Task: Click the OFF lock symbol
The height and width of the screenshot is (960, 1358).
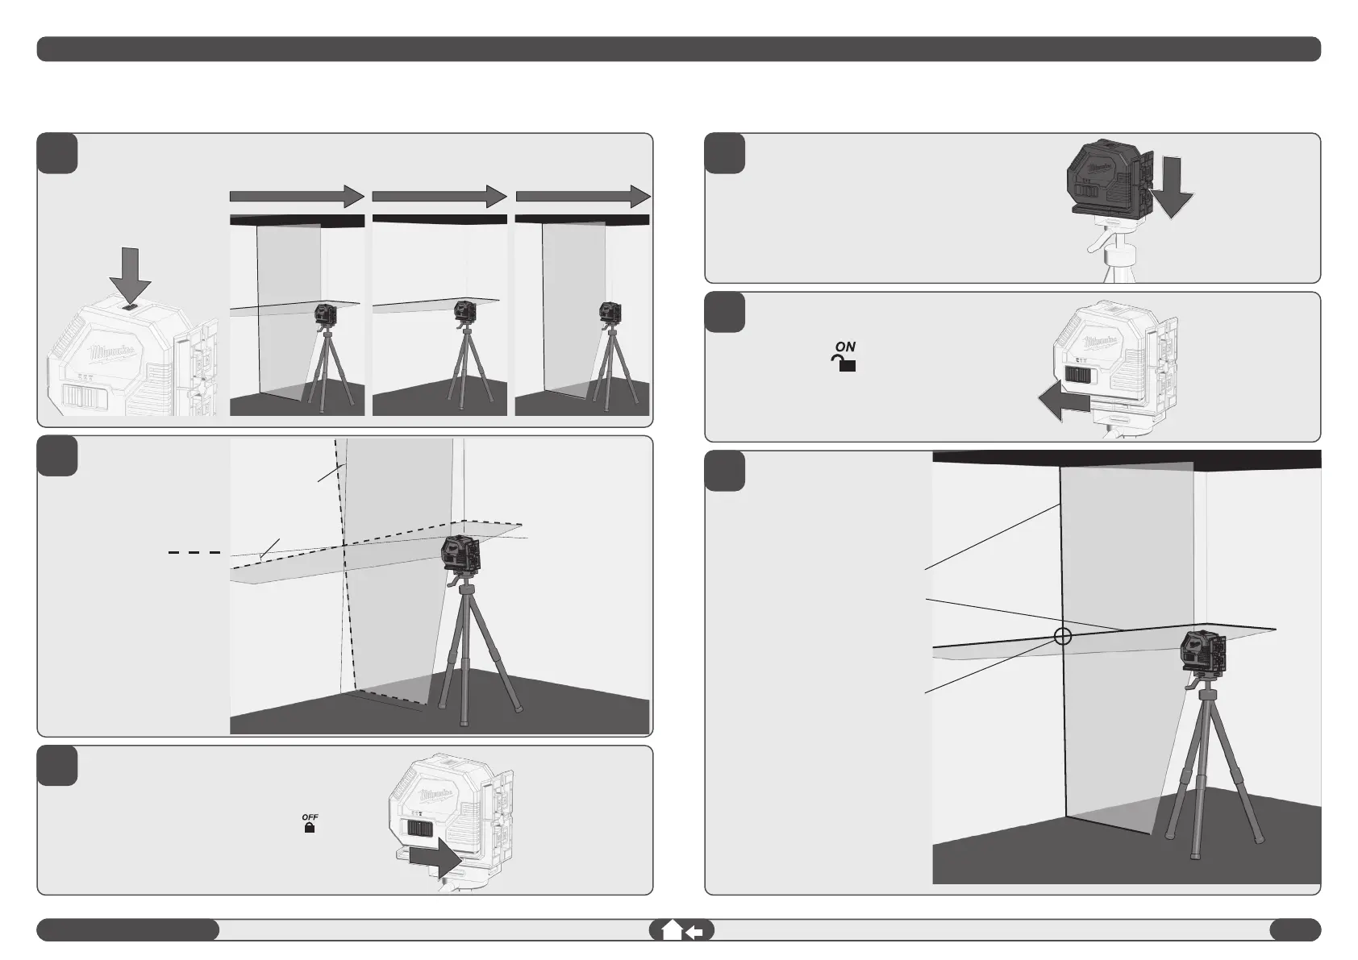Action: (x=310, y=823)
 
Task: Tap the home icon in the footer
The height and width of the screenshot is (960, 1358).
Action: (x=671, y=931)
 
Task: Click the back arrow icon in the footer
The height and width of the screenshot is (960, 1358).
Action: (x=694, y=932)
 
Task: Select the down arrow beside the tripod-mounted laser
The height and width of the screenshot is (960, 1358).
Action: (x=1171, y=187)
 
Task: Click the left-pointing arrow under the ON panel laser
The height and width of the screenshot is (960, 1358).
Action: (x=1064, y=401)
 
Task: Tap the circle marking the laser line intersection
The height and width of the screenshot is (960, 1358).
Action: (x=1062, y=636)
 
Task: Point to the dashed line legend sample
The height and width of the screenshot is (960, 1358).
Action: (x=194, y=552)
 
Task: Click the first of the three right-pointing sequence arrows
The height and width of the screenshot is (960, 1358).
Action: (x=297, y=196)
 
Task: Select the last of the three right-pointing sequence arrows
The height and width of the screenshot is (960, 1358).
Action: (x=582, y=196)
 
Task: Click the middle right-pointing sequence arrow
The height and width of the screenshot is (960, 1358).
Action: (x=439, y=196)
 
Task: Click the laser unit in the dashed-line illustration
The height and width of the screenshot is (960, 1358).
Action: (x=461, y=555)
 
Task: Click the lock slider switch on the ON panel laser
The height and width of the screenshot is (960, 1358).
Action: (x=1079, y=375)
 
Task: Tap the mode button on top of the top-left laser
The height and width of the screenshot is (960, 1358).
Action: (x=131, y=305)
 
